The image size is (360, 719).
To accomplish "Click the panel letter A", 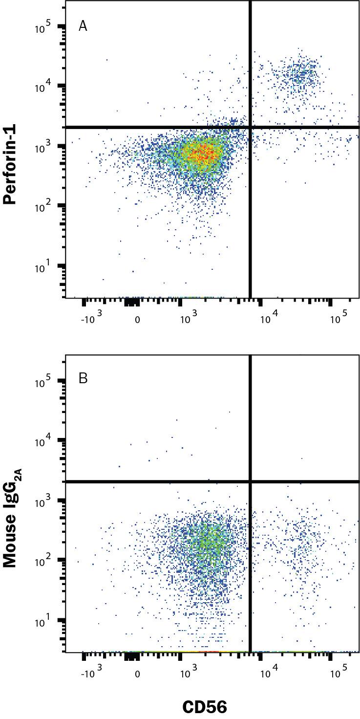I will [x=83, y=26].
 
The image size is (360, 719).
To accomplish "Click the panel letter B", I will [x=83, y=378].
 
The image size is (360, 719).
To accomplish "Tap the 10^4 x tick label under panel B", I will [x=267, y=674].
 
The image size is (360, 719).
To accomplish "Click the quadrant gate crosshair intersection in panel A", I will [x=251, y=128].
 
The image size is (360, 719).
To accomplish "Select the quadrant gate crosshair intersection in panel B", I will [x=251, y=481].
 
